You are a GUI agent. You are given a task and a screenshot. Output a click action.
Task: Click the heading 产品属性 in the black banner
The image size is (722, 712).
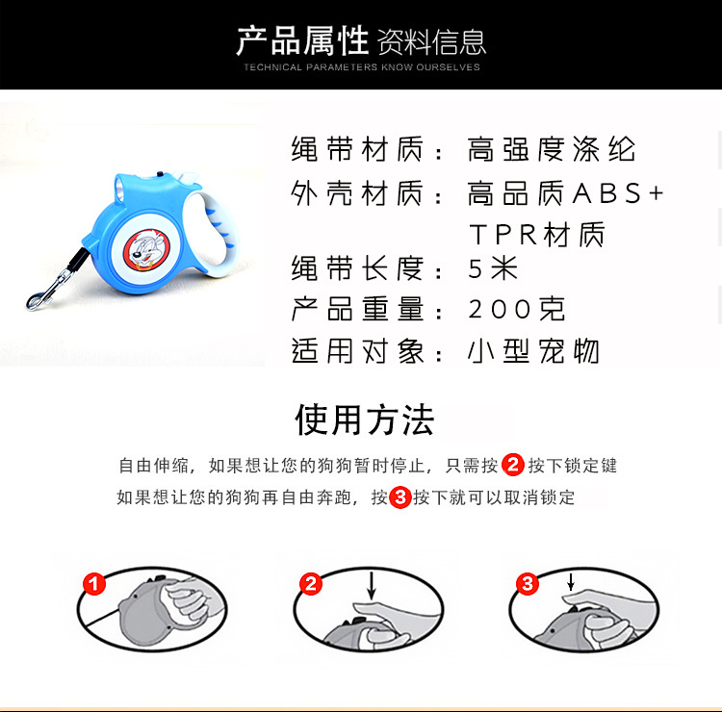[303, 40]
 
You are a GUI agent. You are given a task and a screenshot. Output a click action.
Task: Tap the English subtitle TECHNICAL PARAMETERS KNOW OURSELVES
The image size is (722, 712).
[361, 67]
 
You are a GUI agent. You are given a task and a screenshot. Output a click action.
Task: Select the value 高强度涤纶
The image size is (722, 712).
[552, 150]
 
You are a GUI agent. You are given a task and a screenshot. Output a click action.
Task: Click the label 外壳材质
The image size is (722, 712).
[357, 193]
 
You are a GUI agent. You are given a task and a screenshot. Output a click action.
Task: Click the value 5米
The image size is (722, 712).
[494, 267]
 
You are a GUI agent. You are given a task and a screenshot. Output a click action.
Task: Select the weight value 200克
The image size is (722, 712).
[517, 309]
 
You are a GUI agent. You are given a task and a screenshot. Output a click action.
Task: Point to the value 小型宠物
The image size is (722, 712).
[533, 350]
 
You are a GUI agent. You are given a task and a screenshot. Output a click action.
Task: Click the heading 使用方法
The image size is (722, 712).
[364, 420]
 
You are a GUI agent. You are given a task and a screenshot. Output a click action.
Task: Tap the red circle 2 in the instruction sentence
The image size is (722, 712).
[513, 466]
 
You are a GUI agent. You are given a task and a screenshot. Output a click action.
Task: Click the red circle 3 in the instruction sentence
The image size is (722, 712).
[400, 497]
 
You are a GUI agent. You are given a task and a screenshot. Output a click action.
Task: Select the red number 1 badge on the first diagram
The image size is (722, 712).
[93, 583]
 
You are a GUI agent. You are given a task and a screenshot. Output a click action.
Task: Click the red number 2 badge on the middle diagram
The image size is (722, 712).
[311, 583]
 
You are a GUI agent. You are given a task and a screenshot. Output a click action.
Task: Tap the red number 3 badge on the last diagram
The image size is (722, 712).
[527, 583]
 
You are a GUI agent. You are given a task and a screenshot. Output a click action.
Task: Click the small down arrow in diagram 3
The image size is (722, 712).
[570, 582]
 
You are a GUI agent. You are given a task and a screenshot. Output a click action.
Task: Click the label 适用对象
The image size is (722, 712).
[357, 350]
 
